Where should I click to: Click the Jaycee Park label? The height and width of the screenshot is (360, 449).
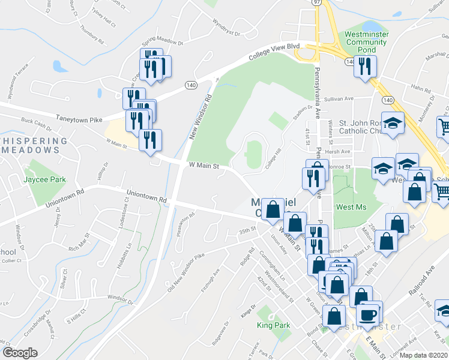click(x=44, y=179)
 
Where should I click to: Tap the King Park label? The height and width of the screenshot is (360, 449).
click(x=273, y=326)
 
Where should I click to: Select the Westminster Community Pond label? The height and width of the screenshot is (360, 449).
click(x=366, y=42)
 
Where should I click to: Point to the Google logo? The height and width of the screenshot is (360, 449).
click(x=20, y=353)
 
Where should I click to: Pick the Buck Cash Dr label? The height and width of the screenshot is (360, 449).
click(x=36, y=124)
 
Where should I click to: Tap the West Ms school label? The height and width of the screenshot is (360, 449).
click(x=352, y=207)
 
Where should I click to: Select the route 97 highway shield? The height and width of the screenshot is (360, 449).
click(x=316, y=2)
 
